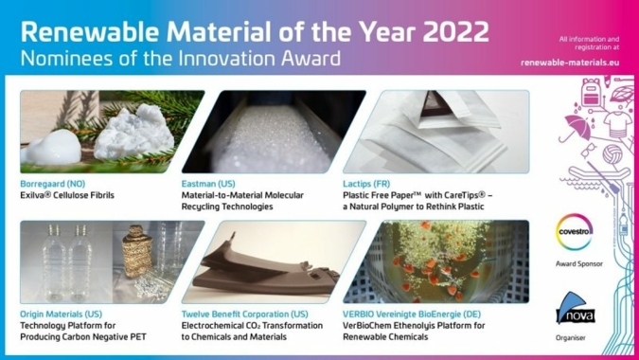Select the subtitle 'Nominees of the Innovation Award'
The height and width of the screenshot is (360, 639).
(x=180, y=59)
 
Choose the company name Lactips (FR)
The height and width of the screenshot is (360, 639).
(x=370, y=183)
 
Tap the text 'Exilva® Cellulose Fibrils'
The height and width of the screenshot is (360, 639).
(x=75, y=195)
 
